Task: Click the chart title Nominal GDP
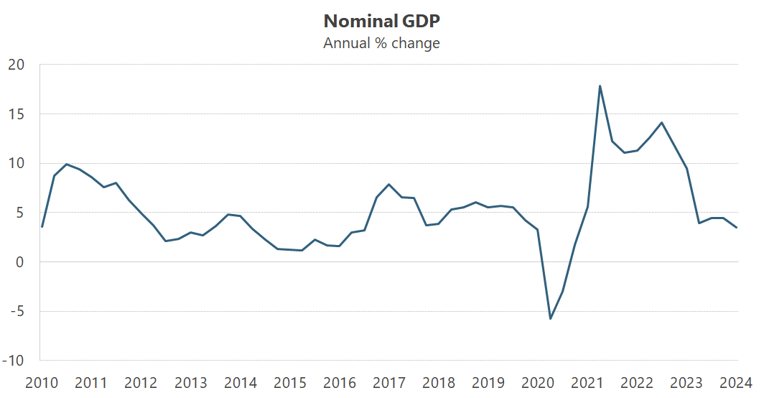tap(381, 19)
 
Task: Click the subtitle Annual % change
tap(381, 43)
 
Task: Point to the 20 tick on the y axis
tap(16, 65)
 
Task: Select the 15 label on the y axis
tap(16, 114)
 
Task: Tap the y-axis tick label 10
tap(16, 163)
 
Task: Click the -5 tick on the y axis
tap(16, 312)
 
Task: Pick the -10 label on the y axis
tap(14, 361)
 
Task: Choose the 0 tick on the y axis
tap(20, 262)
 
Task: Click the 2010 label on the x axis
tap(41, 381)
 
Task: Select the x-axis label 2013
tap(191, 381)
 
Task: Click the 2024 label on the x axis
tap(737, 381)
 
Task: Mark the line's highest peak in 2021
tap(600, 86)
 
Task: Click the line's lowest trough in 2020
tap(550, 318)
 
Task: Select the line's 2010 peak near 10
tap(66, 165)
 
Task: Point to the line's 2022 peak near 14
tap(662, 123)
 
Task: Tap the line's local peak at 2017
tap(388, 185)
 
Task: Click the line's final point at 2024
tap(737, 228)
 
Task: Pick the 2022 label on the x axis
tap(638, 381)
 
